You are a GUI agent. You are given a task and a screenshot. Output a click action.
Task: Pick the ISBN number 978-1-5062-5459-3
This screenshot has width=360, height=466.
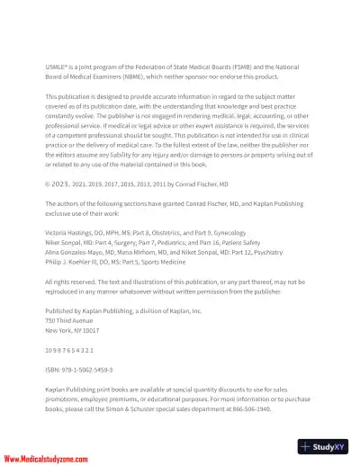coord(100,369)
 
